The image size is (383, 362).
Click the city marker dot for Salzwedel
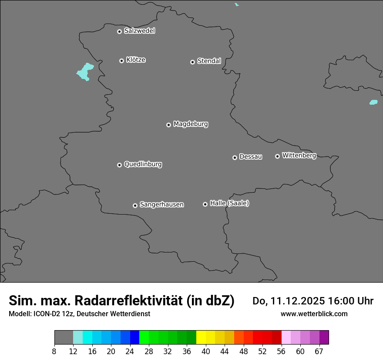(119, 31)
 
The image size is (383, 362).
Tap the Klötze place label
(136, 60)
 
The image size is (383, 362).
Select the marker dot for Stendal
(192, 62)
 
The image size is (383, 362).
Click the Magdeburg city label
(191, 124)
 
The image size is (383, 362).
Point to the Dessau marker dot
(235, 157)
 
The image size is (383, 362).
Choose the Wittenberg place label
(299, 155)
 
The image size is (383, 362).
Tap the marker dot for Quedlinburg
(119, 165)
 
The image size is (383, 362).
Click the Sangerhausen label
(161, 204)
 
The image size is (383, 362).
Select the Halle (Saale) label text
(229, 203)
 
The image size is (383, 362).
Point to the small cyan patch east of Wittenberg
(373, 102)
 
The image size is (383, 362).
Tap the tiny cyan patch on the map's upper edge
(236, 4)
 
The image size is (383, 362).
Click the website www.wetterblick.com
(314, 314)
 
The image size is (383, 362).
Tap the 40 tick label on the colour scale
(205, 351)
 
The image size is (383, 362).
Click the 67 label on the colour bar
(319, 351)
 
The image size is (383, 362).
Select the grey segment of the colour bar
(64, 337)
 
